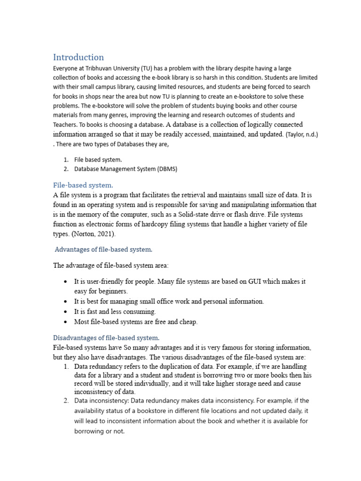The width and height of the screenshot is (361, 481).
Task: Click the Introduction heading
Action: (x=78, y=57)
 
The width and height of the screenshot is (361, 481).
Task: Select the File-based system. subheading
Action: (x=83, y=185)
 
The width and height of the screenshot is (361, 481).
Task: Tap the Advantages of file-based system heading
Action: (x=103, y=249)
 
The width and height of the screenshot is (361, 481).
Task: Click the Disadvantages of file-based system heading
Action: (x=106, y=337)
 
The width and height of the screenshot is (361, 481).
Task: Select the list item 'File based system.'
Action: (x=98, y=160)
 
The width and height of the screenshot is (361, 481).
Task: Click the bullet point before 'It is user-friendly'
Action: (x=65, y=282)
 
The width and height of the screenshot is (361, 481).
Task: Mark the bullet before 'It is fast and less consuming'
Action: (x=65, y=312)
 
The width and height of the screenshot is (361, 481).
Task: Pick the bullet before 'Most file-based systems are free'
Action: (x=65, y=322)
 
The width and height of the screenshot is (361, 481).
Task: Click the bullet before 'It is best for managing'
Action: (x=65, y=302)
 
